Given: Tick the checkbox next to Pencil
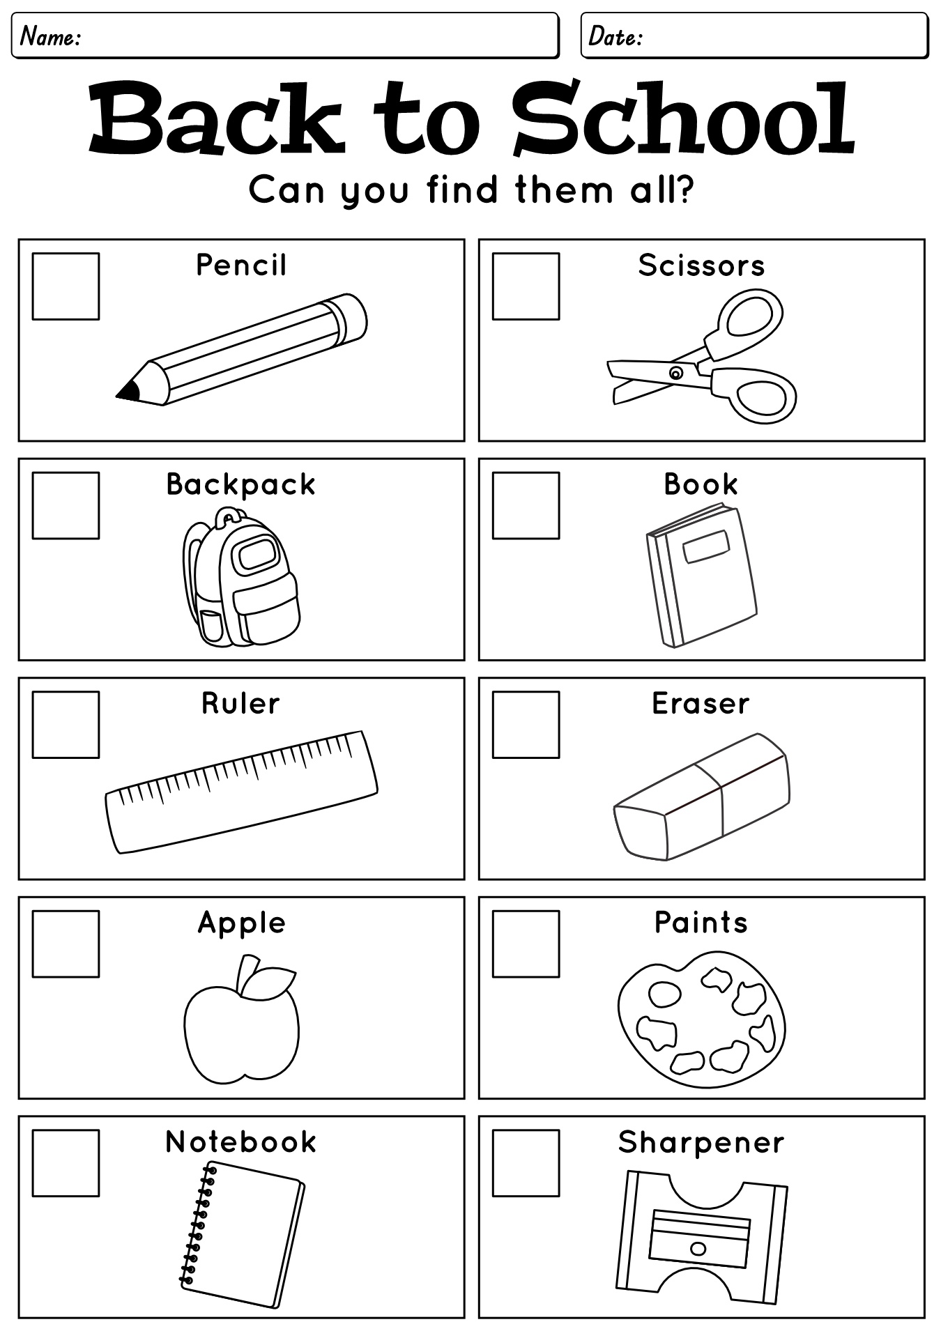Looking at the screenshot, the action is pos(66,286).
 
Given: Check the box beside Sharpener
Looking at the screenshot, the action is pos(526,1163).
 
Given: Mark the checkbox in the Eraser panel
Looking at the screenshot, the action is pos(526,725).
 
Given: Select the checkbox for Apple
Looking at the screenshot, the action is pos(66,944).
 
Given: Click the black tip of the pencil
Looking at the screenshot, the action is pos(126,392).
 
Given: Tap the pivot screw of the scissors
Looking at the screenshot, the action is pos(675,373).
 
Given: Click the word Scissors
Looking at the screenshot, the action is pos(701,266).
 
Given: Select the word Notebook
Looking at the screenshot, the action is pos(240,1142).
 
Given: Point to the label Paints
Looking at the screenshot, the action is pos(701,923).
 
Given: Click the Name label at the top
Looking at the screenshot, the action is pos(50,36).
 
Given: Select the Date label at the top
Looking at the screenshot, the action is pos(615,36).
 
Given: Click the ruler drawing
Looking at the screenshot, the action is pos(241,792).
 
